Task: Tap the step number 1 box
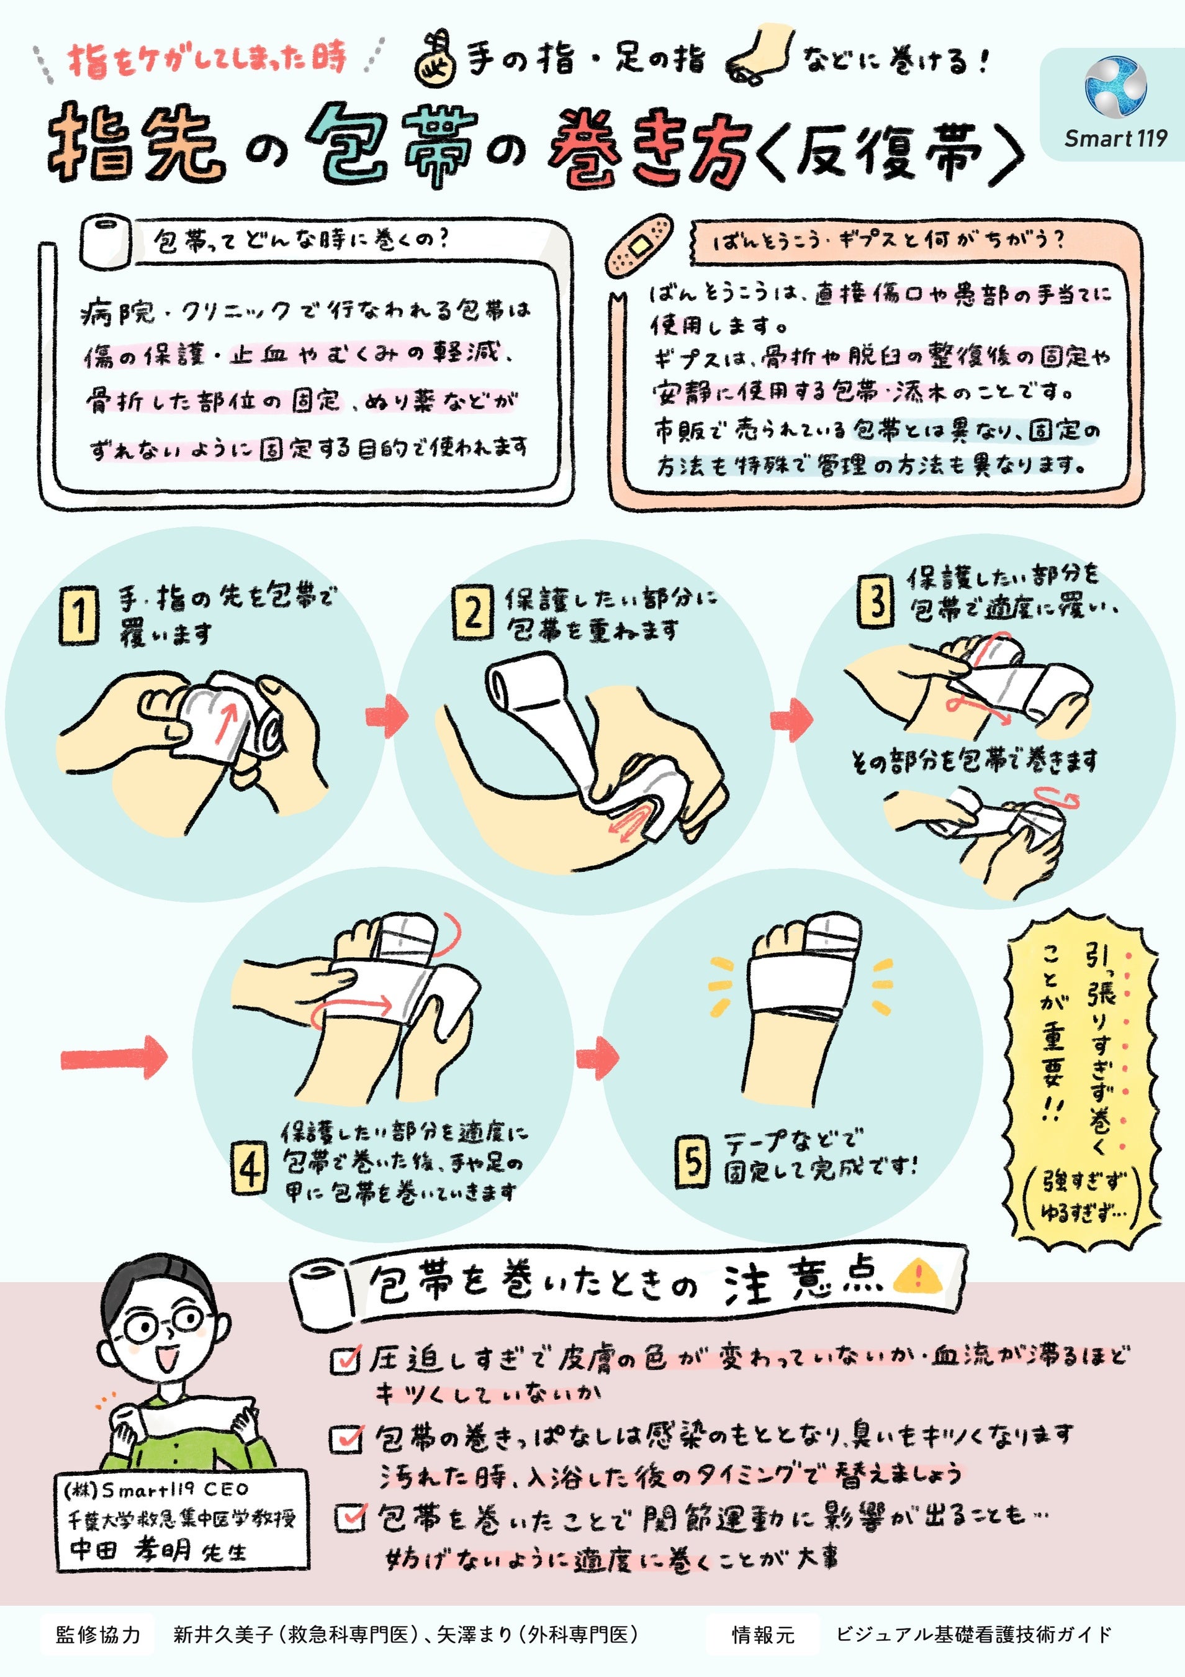pos(79,615)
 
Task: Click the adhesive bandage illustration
pos(638,245)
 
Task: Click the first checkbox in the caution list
pos(345,1358)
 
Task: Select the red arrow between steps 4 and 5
pos(597,1055)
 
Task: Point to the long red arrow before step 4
pos(114,1057)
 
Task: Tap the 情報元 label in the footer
pos(763,1635)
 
